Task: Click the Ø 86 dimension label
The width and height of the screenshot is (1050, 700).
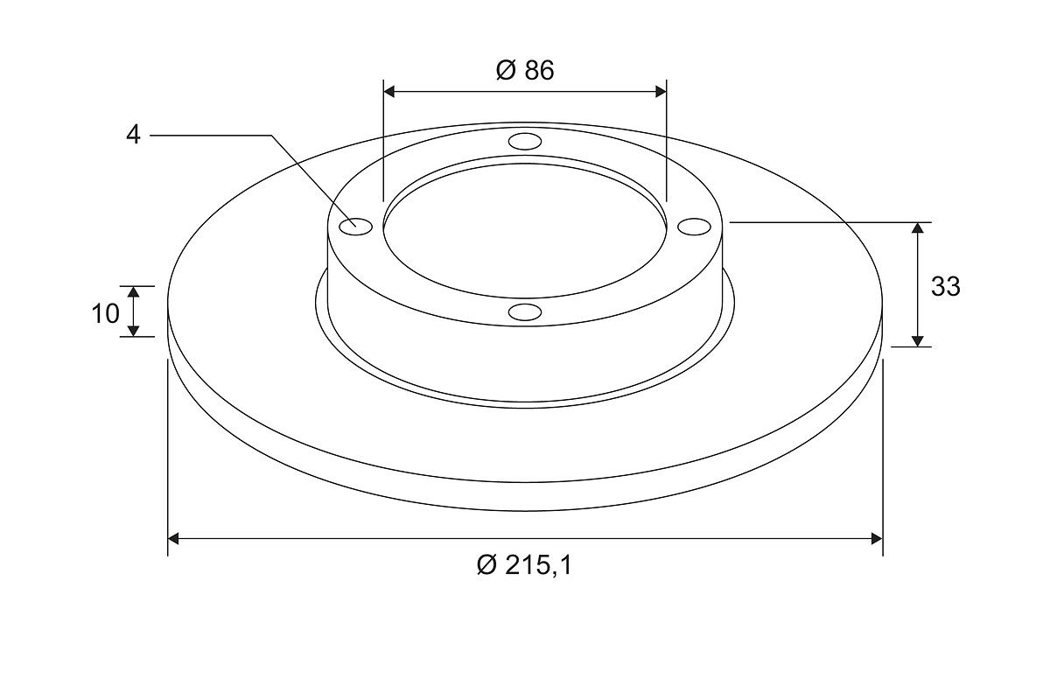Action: coord(525,70)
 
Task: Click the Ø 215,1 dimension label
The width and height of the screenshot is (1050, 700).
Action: coord(524,565)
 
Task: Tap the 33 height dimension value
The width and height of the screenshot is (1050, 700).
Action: coord(946,286)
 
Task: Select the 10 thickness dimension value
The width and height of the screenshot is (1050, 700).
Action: coord(106,313)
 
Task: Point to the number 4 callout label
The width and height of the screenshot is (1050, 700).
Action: coord(133,135)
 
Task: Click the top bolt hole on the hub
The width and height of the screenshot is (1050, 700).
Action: coord(525,141)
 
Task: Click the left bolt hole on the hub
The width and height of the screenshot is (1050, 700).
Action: coord(356,227)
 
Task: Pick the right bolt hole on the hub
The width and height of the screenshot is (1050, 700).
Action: coord(694,227)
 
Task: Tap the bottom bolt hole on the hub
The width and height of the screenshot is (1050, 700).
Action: coord(525,311)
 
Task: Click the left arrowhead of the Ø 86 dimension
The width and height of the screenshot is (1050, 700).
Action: coord(389,92)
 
